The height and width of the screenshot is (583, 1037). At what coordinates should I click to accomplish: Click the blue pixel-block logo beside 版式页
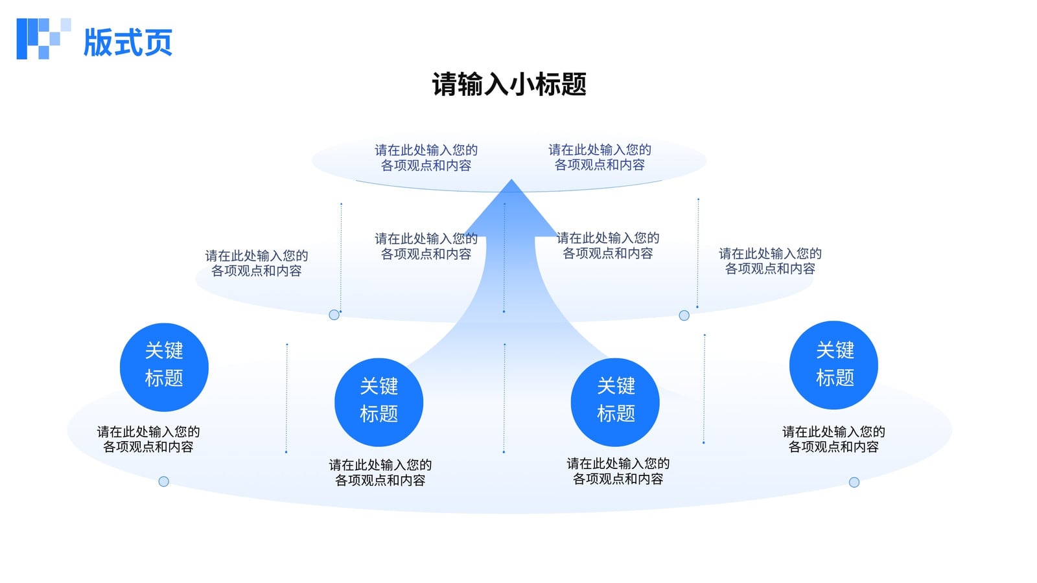pyautogui.click(x=43, y=39)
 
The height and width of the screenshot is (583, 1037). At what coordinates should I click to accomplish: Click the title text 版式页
pyautogui.click(x=128, y=43)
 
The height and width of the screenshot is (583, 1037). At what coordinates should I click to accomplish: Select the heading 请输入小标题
pyautogui.click(x=509, y=84)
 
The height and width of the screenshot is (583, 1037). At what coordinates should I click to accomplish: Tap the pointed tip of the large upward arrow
pyautogui.click(x=511, y=179)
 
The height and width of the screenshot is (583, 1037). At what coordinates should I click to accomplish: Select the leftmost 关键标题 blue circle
pyautogui.click(x=164, y=367)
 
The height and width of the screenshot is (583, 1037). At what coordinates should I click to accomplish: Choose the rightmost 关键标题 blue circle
pyautogui.click(x=833, y=365)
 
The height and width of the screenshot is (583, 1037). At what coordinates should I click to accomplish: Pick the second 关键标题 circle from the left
pyautogui.click(x=379, y=402)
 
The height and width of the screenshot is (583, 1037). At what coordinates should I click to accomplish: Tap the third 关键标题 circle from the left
pyautogui.click(x=615, y=402)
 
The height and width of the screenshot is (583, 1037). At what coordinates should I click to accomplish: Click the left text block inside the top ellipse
pyautogui.click(x=426, y=158)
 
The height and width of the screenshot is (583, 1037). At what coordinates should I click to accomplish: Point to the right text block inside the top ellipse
pyautogui.click(x=600, y=157)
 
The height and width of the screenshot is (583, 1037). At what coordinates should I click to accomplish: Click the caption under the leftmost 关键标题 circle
pyautogui.click(x=148, y=439)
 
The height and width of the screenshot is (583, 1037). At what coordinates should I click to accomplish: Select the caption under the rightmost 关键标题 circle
pyautogui.click(x=833, y=439)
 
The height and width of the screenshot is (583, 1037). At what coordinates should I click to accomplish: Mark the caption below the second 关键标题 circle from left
pyautogui.click(x=380, y=472)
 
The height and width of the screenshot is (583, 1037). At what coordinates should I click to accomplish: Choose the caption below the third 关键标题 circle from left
pyautogui.click(x=618, y=471)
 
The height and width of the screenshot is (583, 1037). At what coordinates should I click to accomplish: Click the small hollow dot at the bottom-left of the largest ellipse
pyautogui.click(x=163, y=482)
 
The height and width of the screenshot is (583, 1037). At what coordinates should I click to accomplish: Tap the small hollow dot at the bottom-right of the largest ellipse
pyautogui.click(x=854, y=483)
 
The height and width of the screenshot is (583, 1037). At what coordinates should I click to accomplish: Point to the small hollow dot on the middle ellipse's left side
pyautogui.click(x=334, y=315)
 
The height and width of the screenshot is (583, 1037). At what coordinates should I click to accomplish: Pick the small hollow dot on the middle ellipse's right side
pyautogui.click(x=684, y=315)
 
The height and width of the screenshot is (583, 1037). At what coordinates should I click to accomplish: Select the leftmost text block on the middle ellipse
pyautogui.click(x=257, y=263)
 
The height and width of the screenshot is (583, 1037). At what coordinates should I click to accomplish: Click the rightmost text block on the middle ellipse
pyautogui.click(x=771, y=261)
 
